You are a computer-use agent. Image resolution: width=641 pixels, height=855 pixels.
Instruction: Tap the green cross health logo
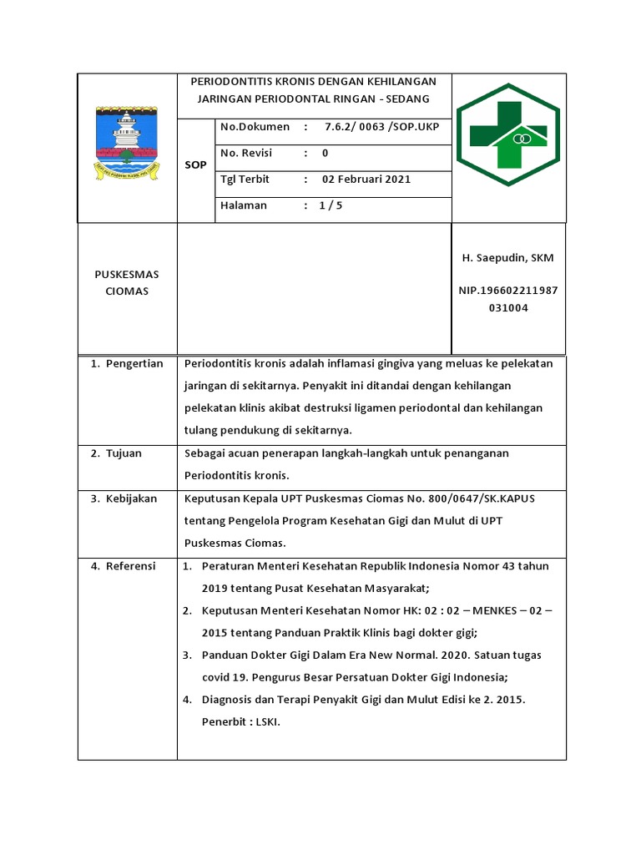[508, 138]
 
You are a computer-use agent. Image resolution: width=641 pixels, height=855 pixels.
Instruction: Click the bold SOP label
[195, 165]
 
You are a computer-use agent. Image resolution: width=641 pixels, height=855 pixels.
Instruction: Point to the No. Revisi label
[247, 153]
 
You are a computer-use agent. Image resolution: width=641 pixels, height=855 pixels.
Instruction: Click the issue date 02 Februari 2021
[366, 179]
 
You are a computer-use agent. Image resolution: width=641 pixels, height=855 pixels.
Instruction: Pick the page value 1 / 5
[331, 205]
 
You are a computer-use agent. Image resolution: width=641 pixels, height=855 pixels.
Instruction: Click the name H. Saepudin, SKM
[507, 258]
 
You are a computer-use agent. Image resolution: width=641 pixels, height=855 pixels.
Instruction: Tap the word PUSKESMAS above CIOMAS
[127, 274]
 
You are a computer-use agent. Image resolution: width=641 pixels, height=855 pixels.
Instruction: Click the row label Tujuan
[124, 453]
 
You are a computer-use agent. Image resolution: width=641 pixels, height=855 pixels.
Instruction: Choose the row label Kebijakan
[131, 498]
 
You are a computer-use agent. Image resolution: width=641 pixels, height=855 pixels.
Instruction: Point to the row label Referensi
[130, 566]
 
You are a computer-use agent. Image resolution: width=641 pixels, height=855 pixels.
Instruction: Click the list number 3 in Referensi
[189, 655]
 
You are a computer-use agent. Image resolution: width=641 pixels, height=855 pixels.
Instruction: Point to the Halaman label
[244, 205]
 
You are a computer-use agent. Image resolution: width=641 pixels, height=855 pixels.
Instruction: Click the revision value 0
[326, 153]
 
